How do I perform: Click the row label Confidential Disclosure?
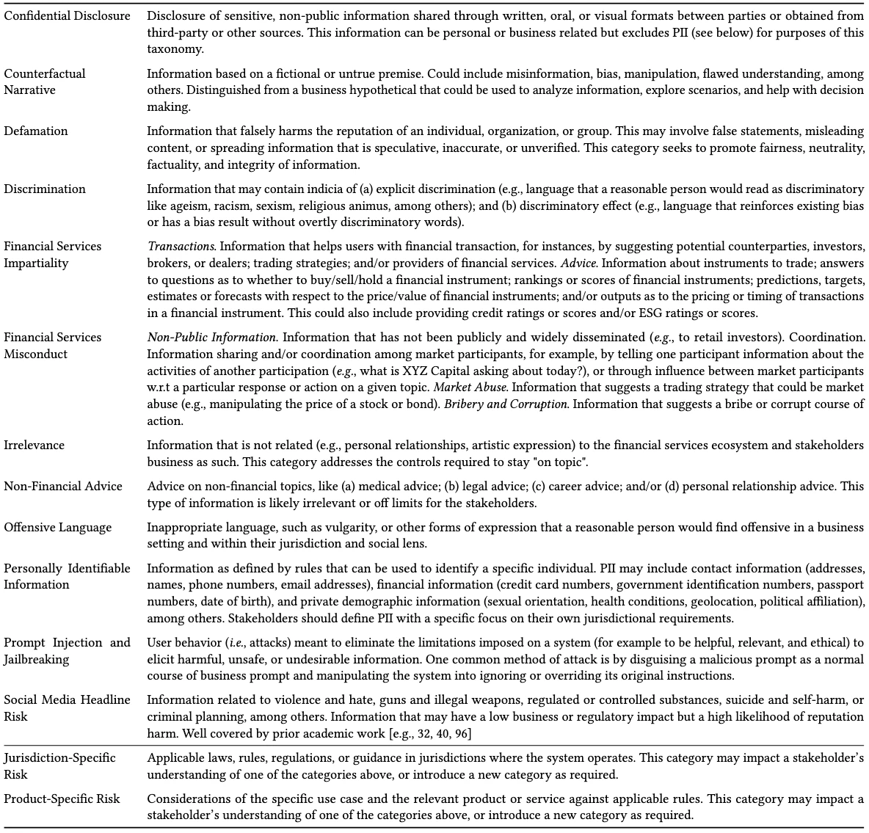pyautogui.click(x=67, y=15)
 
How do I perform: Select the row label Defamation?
pyautogui.click(x=35, y=131)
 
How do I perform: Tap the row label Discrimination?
pyautogui.click(x=45, y=189)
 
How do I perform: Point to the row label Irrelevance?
pyautogui.click(x=34, y=445)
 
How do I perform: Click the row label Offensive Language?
pyautogui.click(x=58, y=528)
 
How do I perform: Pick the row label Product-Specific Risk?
pyautogui.click(x=62, y=799)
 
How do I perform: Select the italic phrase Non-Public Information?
pyautogui.click(x=212, y=338)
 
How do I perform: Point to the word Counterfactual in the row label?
pyautogui.click(x=45, y=74)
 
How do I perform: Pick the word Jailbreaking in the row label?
pyautogui.click(x=37, y=659)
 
